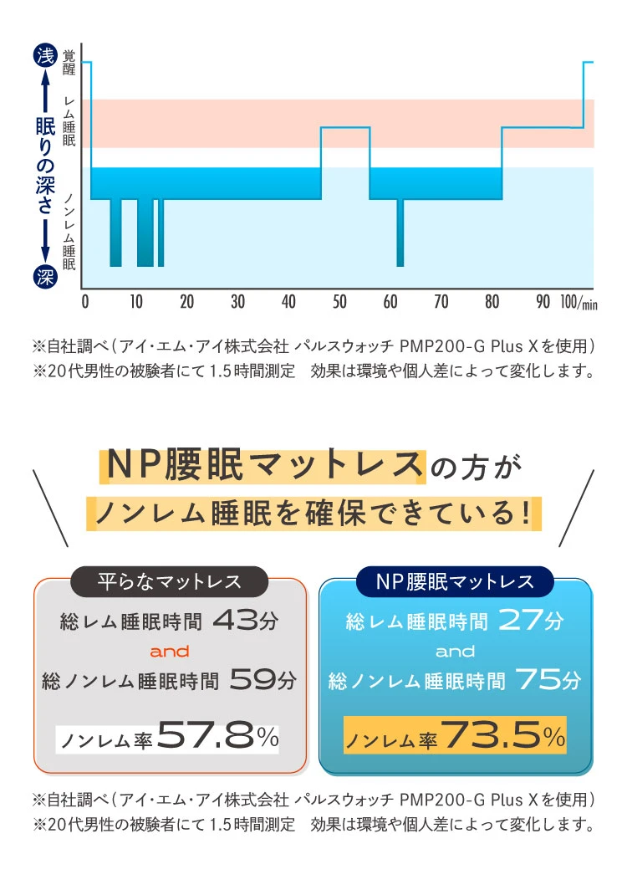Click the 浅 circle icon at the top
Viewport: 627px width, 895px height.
tap(44, 56)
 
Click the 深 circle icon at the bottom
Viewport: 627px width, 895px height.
tap(44, 277)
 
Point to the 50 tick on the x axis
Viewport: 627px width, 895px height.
tap(339, 302)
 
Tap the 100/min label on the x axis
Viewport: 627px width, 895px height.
tap(579, 302)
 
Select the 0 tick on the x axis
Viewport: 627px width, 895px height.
tap(85, 302)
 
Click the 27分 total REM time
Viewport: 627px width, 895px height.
tap(531, 621)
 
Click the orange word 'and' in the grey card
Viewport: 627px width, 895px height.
tap(170, 651)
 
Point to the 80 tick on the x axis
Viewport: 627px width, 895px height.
tap(492, 302)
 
